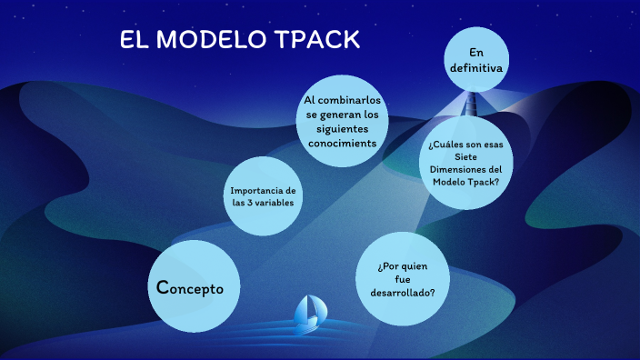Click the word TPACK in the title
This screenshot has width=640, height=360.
[318, 40]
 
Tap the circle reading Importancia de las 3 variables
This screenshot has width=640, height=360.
[264, 195]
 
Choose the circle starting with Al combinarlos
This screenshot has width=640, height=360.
[342, 119]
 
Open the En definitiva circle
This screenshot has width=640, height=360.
[475, 59]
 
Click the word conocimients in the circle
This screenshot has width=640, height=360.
[342, 143]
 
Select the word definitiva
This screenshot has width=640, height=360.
[475, 67]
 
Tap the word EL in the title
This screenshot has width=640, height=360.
[134, 40]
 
